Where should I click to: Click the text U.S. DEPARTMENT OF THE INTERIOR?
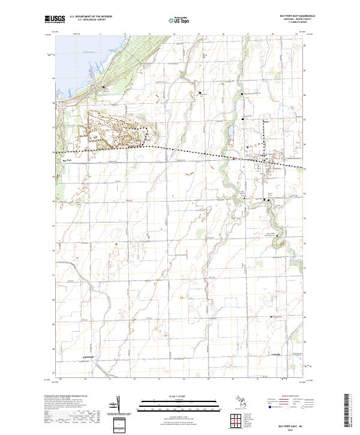tap(91, 16)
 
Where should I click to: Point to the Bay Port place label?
tap(67, 160)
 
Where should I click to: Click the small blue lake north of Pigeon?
tap(230, 130)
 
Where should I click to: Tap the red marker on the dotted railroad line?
tap(235, 158)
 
